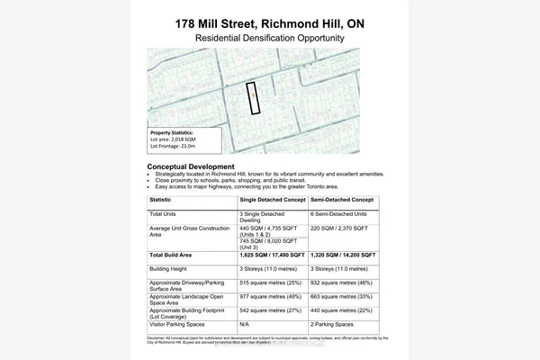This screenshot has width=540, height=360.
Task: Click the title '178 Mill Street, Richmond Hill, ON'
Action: click(x=269, y=22)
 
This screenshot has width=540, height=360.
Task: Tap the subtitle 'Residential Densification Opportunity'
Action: click(x=269, y=39)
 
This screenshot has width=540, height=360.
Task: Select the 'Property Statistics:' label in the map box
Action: click(x=172, y=132)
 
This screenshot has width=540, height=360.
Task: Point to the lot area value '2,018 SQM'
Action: click(x=186, y=139)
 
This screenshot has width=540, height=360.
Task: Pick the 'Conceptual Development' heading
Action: click(x=190, y=167)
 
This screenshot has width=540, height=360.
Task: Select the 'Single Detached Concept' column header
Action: click(x=272, y=200)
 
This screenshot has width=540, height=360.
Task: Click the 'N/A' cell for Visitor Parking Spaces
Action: click(x=245, y=323)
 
